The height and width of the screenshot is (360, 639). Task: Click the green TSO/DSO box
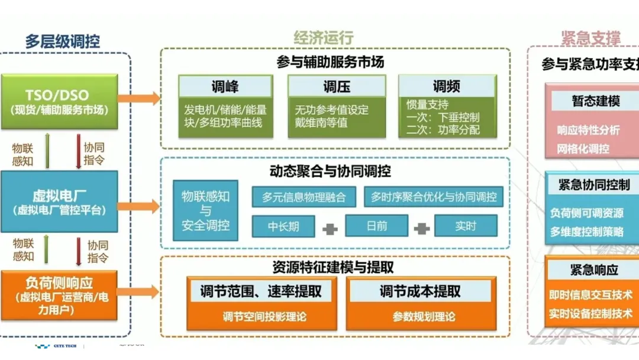tap(59, 101)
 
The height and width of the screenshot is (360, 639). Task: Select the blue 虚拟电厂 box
tap(59, 201)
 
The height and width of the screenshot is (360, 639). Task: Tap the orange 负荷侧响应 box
tap(59, 295)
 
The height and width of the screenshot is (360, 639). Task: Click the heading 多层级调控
tap(62, 41)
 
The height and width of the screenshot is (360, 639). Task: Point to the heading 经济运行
tap(324, 38)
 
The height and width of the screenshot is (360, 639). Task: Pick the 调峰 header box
tap(225, 87)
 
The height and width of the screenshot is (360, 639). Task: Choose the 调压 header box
tap(337, 87)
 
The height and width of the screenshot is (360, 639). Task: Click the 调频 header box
tap(447, 87)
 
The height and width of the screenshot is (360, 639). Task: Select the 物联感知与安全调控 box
tap(205, 211)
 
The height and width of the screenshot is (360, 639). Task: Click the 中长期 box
tap(283, 226)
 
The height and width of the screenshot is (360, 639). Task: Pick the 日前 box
tap(376, 226)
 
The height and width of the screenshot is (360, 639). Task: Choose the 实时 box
tap(466, 226)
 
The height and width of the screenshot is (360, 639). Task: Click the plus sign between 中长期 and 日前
tap(330, 228)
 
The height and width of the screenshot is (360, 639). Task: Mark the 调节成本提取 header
tap(419, 291)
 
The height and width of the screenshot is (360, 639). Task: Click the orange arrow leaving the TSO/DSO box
tap(146, 99)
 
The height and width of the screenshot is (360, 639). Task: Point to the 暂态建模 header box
tap(595, 101)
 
